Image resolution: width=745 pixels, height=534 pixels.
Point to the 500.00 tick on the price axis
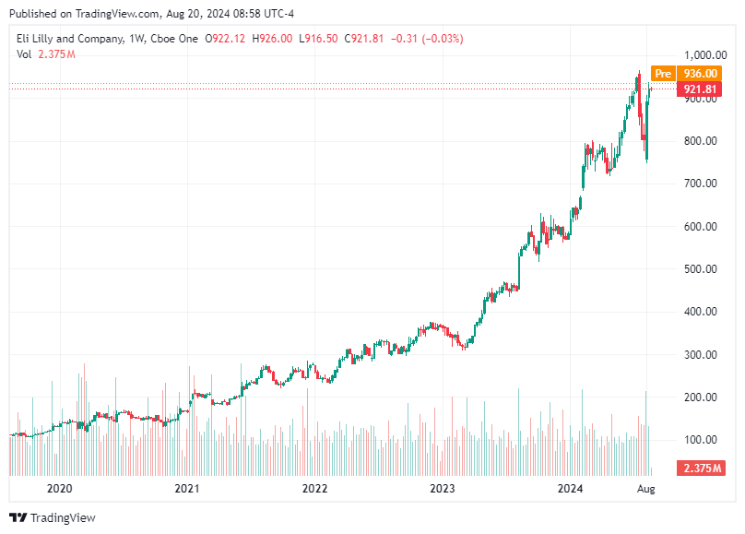[701, 269]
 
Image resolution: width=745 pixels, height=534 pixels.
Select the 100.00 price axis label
[701, 440]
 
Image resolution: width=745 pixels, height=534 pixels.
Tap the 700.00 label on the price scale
[701, 184]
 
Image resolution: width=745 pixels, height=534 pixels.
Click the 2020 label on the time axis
[59, 489]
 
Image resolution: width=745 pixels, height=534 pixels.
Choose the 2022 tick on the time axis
[314, 489]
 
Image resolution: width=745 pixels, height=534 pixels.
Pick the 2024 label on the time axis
[571, 489]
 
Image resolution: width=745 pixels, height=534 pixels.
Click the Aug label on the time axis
[646, 489]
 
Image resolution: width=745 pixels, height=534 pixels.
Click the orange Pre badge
[662, 74]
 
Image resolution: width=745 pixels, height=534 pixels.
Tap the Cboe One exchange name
[176, 39]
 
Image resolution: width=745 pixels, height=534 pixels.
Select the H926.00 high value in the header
[274, 39]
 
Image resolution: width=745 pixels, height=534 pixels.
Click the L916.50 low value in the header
[318, 39]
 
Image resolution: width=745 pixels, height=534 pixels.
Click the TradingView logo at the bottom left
[53, 517]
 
